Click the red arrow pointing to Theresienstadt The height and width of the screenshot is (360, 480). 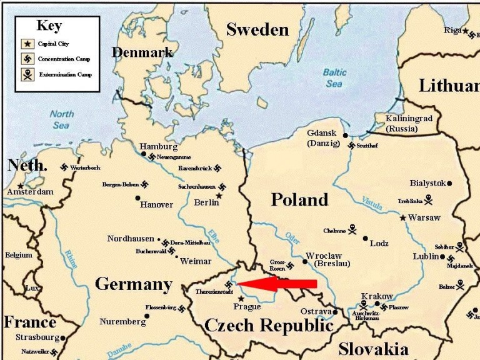278,284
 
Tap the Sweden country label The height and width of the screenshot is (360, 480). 257,29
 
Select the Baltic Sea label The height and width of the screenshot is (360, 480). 334,77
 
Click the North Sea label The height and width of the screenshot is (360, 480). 61,119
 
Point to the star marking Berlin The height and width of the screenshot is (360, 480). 219,196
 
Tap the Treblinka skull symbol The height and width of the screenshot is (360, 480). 429,200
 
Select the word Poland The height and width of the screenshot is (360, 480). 299,199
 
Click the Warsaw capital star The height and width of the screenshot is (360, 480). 403,217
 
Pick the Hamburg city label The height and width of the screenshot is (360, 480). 158,146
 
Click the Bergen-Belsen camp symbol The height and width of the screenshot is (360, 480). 144,184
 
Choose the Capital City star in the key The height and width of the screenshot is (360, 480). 27,44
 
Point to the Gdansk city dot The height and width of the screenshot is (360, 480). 345,135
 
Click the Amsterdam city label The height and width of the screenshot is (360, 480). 30,192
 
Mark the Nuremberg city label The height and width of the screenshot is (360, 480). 122,322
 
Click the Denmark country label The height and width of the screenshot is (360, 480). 142,52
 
